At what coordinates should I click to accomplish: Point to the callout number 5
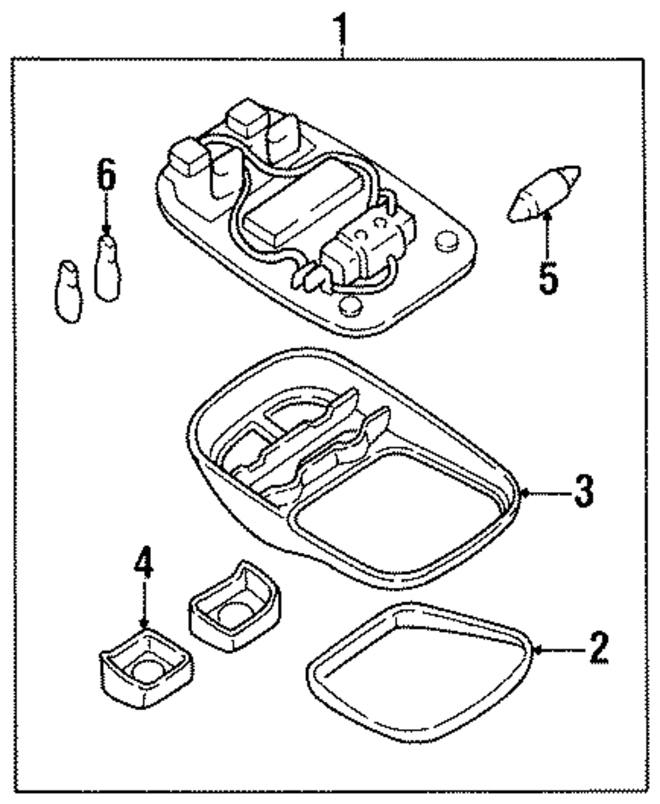coord(548,277)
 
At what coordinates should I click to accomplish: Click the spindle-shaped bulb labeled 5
coord(544,194)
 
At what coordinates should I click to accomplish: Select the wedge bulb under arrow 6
coord(108,268)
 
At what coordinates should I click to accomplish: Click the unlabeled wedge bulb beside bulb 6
coord(69,292)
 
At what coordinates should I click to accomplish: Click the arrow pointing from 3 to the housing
coord(546,493)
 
